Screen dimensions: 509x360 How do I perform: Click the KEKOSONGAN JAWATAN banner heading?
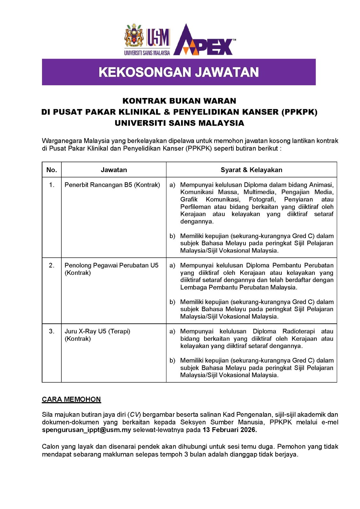tap(179, 72)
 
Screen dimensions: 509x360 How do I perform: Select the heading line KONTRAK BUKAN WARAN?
tap(179, 101)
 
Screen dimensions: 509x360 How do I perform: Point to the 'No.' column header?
tap(52, 170)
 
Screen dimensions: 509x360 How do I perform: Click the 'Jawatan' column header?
tap(114, 170)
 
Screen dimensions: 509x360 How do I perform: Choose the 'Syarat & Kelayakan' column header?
tap(251, 170)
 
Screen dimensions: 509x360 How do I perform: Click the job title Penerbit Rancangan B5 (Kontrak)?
tap(112, 185)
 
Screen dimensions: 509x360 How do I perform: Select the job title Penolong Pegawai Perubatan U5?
tap(111, 265)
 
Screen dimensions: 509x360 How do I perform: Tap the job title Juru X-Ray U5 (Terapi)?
tap(97, 331)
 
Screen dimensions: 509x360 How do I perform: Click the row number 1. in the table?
tap(52, 185)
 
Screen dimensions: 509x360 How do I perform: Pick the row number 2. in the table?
tap(52, 265)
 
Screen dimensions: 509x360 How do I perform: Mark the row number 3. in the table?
tap(52, 331)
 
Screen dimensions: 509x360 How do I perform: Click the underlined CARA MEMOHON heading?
tap(71, 399)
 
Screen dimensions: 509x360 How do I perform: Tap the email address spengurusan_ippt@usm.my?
tap(86, 430)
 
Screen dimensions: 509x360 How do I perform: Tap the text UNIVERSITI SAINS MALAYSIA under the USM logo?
tap(147, 53)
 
